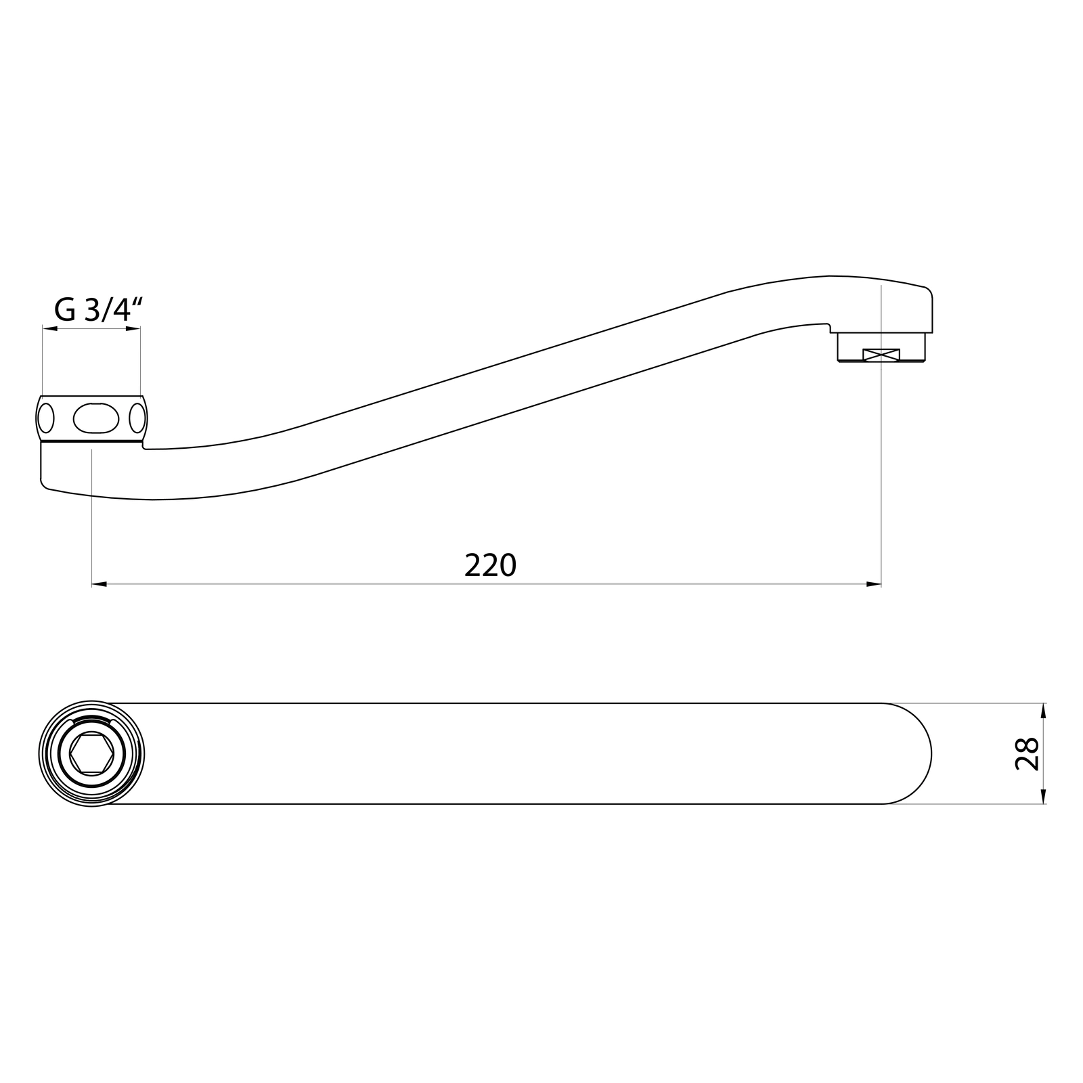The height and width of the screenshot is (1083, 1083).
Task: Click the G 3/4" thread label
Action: click(x=98, y=310)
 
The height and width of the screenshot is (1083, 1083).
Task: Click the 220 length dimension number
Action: click(x=491, y=565)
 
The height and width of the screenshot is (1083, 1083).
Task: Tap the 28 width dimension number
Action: click(x=1027, y=753)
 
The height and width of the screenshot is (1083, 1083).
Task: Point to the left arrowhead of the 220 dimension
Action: click(x=100, y=583)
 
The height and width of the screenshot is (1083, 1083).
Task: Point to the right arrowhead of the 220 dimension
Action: click(x=873, y=583)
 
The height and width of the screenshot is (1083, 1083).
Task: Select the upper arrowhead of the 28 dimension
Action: click(x=1043, y=711)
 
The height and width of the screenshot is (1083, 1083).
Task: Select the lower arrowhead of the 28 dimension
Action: click(x=1043, y=796)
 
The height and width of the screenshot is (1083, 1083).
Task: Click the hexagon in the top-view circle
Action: click(x=92, y=753)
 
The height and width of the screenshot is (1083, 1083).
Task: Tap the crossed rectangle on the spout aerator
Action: click(x=881, y=354)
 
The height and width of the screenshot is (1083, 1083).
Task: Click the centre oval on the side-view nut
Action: click(x=96, y=418)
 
